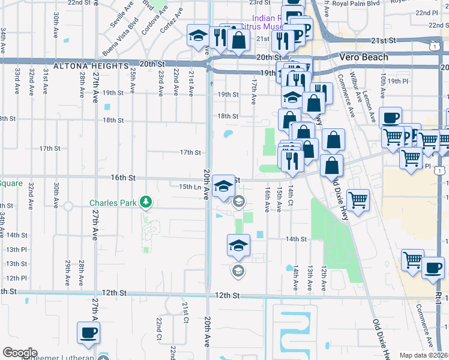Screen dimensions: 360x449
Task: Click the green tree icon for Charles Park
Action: (145, 202)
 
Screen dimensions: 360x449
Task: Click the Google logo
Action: (20, 353)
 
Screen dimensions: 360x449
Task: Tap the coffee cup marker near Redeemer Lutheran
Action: (89, 332)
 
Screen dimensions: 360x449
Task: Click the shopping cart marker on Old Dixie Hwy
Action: (358, 201)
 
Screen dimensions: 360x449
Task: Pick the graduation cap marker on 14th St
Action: (238, 245)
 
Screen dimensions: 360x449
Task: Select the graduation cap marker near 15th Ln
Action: (223, 185)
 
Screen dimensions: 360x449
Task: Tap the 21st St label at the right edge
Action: (385, 40)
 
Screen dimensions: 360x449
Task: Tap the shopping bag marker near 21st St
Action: (239, 40)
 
